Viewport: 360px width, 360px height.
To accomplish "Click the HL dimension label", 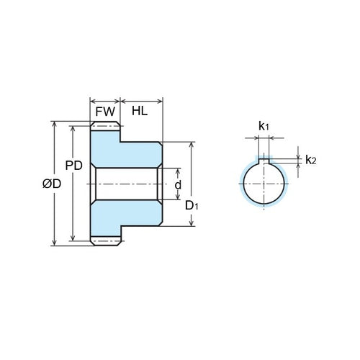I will pyautogui.click(x=141, y=112).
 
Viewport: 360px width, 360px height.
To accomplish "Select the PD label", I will pyautogui.click(x=84, y=165).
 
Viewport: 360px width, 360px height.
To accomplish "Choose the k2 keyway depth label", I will pyautogui.click(x=310, y=160).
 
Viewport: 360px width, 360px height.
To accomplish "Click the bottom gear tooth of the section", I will pyautogui.click(x=105, y=241).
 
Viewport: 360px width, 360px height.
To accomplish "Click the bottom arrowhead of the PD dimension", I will pyautogui.click(x=73, y=238).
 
